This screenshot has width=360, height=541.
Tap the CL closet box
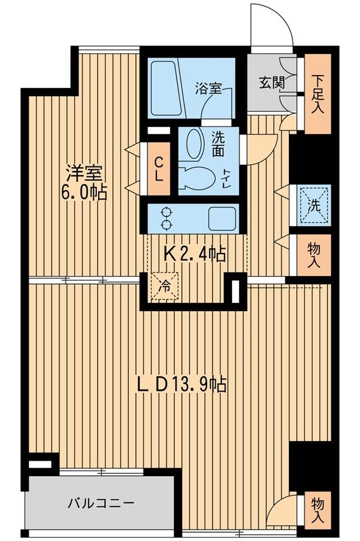(158, 167)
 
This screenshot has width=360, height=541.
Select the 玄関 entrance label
(271, 84)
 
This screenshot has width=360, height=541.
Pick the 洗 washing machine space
(313, 204)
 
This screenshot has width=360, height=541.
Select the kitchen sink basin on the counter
(221, 218)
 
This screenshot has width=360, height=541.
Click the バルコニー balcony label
(102, 503)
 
